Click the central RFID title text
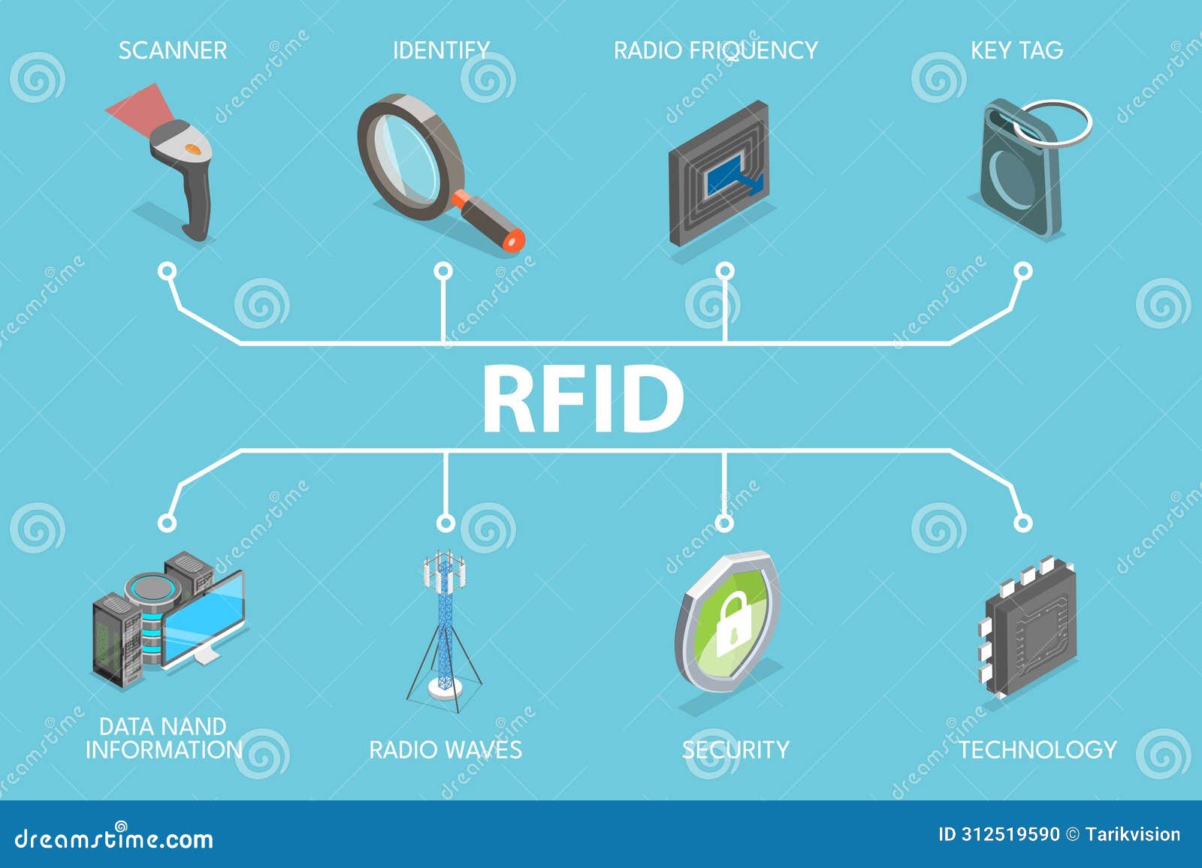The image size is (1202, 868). click(x=582, y=399)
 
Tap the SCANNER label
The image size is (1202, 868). click(x=172, y=50)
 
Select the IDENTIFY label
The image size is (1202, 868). click(x=441, y=50)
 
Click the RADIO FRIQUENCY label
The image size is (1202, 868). click(x=715, y=50)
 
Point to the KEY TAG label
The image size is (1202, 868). click(x=1016, y=50)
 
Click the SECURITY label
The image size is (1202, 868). click(x=735, y=749)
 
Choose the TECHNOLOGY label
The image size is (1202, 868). click(x=1037, y=749)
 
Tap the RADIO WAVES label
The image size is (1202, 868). click(x=445, y=749)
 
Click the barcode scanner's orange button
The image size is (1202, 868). click(x=193, y=149)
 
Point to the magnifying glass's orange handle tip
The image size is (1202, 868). click(x=515, y=240)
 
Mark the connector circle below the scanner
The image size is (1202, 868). click(x=168, y=271)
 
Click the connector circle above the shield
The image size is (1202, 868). click(x=723, y=522)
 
